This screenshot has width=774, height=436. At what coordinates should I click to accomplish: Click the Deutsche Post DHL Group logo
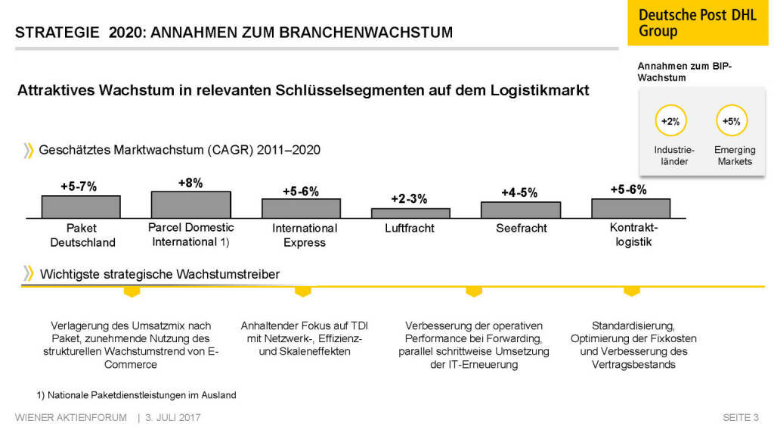pos(697,23)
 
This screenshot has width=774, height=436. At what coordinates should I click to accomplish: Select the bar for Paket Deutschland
pos(81,207)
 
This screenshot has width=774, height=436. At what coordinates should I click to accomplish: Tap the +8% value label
pos(190,182)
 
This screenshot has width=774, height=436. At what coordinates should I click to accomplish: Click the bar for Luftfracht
pos(410,213)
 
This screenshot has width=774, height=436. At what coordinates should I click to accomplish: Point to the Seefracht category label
pos(521,228)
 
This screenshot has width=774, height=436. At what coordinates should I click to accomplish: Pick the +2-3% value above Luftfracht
pos(409,199)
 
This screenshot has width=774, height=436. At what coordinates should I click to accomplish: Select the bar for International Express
pos(301,208)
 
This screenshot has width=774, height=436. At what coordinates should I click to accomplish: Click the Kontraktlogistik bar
pos(630,208)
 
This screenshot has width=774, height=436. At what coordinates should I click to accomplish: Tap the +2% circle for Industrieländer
pos(670,121)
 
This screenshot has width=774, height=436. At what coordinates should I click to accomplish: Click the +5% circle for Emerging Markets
pos(731,121)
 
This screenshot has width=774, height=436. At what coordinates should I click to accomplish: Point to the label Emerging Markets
pos(735,156)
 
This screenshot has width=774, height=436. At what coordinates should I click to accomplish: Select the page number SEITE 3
pos(740,418)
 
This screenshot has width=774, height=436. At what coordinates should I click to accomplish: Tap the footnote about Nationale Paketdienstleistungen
pos(136,394)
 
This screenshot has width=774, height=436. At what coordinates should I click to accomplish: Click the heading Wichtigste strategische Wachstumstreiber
pos(159,274)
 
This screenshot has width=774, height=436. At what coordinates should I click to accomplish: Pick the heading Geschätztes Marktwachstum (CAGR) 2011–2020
pos(180,150)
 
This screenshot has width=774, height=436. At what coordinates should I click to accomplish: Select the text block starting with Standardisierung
pos(633,344)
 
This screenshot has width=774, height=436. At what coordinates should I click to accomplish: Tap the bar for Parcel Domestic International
pos(190,204)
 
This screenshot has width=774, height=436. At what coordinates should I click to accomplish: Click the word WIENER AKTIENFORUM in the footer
pos(71,418)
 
